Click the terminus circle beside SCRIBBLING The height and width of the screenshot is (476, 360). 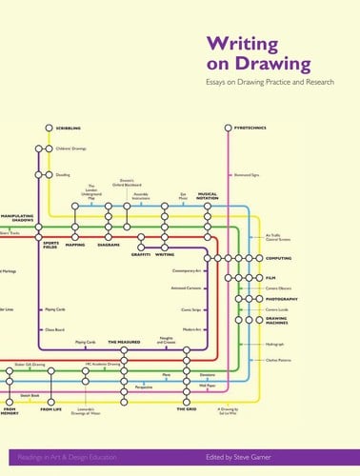pyautogui.click(x=50, y=128)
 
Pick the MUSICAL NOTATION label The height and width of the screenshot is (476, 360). pyautogui.click(x=208, y=196)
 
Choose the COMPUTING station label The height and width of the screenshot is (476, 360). pyautogui.click(x=279, y=258)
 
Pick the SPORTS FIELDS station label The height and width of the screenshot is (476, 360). pyautogui.click(x=50, y=247)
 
